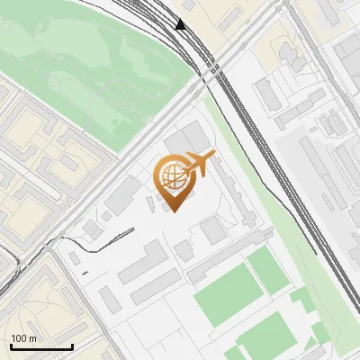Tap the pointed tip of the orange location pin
174,210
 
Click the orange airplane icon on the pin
199,164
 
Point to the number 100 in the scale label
19,339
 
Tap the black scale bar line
40,347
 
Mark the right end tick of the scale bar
71,346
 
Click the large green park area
99,63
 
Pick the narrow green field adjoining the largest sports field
265,270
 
